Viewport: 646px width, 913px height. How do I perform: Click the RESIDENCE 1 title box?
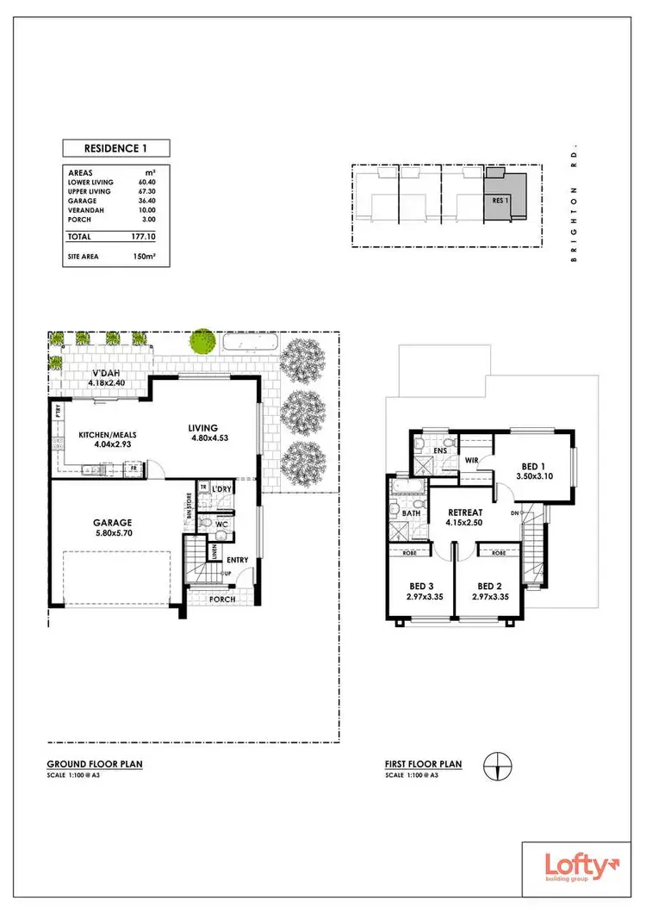pos(115,147)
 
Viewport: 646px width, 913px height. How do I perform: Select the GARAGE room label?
pos(113,521)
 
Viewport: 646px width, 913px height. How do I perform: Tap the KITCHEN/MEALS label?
pos(109,435)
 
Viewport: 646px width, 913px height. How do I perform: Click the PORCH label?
pos(223,599)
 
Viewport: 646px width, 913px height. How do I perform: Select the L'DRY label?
pos(221,489)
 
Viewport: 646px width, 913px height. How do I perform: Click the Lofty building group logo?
pos(578,867)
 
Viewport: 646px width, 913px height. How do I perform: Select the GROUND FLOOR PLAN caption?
pos(95,763)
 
